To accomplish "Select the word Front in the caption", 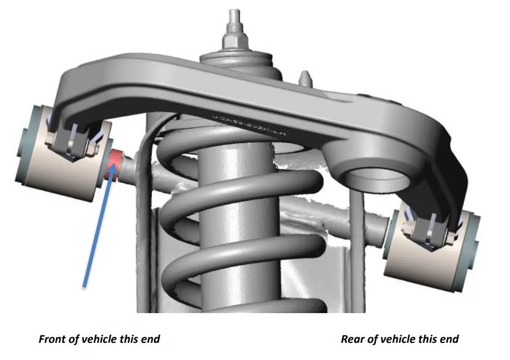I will (x=52, y=339).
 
